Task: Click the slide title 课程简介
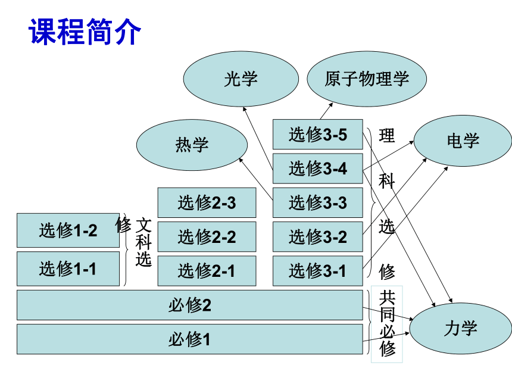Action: [x=85, y=32]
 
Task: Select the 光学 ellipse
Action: [x=241, y=79]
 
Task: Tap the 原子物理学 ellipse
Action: [x=367, y=79]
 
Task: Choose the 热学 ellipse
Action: [x=192, y=145]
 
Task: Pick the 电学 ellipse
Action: [x=463, y=141]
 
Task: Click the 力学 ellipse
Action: [x=461, y=328]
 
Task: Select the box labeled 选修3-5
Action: [x=318, y=134]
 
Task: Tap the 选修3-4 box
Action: [x=318, y=168]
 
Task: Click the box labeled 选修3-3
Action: [x=318, y=202]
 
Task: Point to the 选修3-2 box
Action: [x=318, y=237]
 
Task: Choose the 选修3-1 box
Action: [x=318, y=271]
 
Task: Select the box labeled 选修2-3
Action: [x=207, y=202]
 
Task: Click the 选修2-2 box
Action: [x=207, y=237]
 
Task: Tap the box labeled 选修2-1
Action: [x=207, y=271]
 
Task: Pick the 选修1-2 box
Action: [x=68, y=230]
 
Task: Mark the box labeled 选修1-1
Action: [x=68, y=269]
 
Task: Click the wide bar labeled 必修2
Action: [x=190, y=305]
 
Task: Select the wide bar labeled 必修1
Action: [x=190, y=339]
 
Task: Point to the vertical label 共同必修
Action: [x=387, y=324]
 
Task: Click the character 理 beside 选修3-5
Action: [x=387, y=136]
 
